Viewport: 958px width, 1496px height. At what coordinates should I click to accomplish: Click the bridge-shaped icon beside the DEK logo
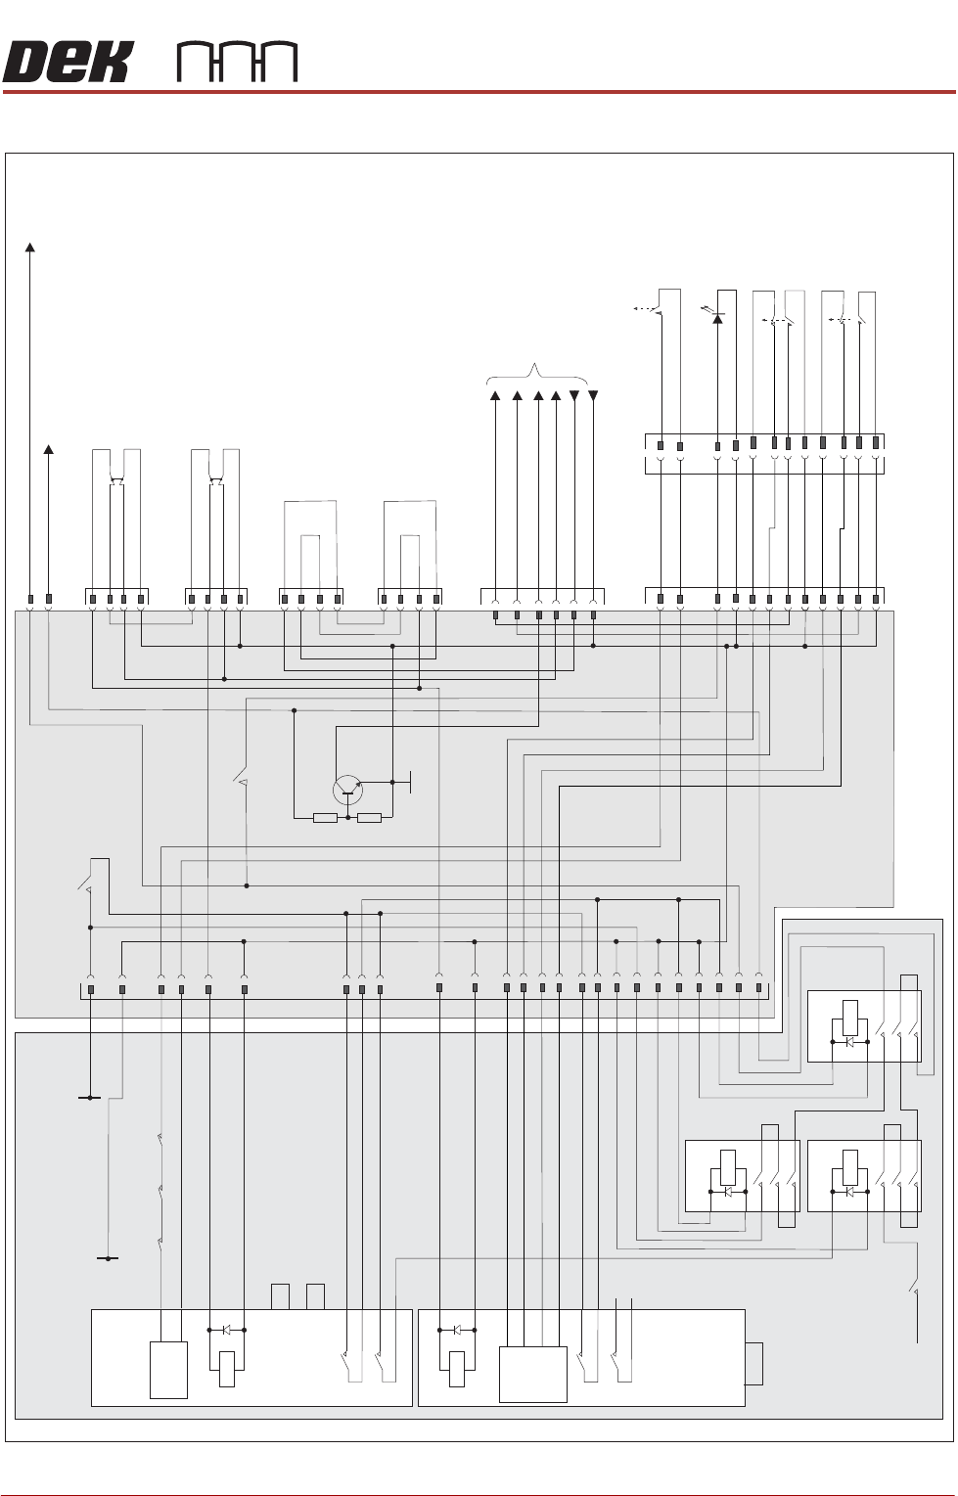237,63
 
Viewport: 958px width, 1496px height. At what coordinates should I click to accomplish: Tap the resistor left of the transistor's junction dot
325,818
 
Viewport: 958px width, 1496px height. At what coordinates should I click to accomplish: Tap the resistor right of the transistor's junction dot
369,818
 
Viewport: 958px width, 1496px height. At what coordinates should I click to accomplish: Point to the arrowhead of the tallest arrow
30,248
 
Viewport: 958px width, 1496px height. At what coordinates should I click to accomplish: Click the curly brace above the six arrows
537,373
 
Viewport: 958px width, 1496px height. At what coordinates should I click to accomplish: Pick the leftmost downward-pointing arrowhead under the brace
574,395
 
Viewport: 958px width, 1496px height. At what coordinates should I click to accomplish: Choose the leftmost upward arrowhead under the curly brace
495,395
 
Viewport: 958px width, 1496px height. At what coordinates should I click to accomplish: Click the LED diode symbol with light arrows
717,315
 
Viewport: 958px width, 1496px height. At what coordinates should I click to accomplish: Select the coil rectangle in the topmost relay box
850,1018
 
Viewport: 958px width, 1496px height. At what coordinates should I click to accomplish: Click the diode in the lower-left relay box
727,1192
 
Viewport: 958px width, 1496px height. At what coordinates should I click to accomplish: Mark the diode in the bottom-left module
226,1330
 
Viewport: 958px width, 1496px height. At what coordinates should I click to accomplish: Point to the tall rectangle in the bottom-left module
168,1370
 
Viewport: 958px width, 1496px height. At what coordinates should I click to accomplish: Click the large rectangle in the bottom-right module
532,1375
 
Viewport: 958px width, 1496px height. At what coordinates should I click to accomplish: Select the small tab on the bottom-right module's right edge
754,1364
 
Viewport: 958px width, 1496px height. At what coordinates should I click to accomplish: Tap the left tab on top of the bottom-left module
281,1296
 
